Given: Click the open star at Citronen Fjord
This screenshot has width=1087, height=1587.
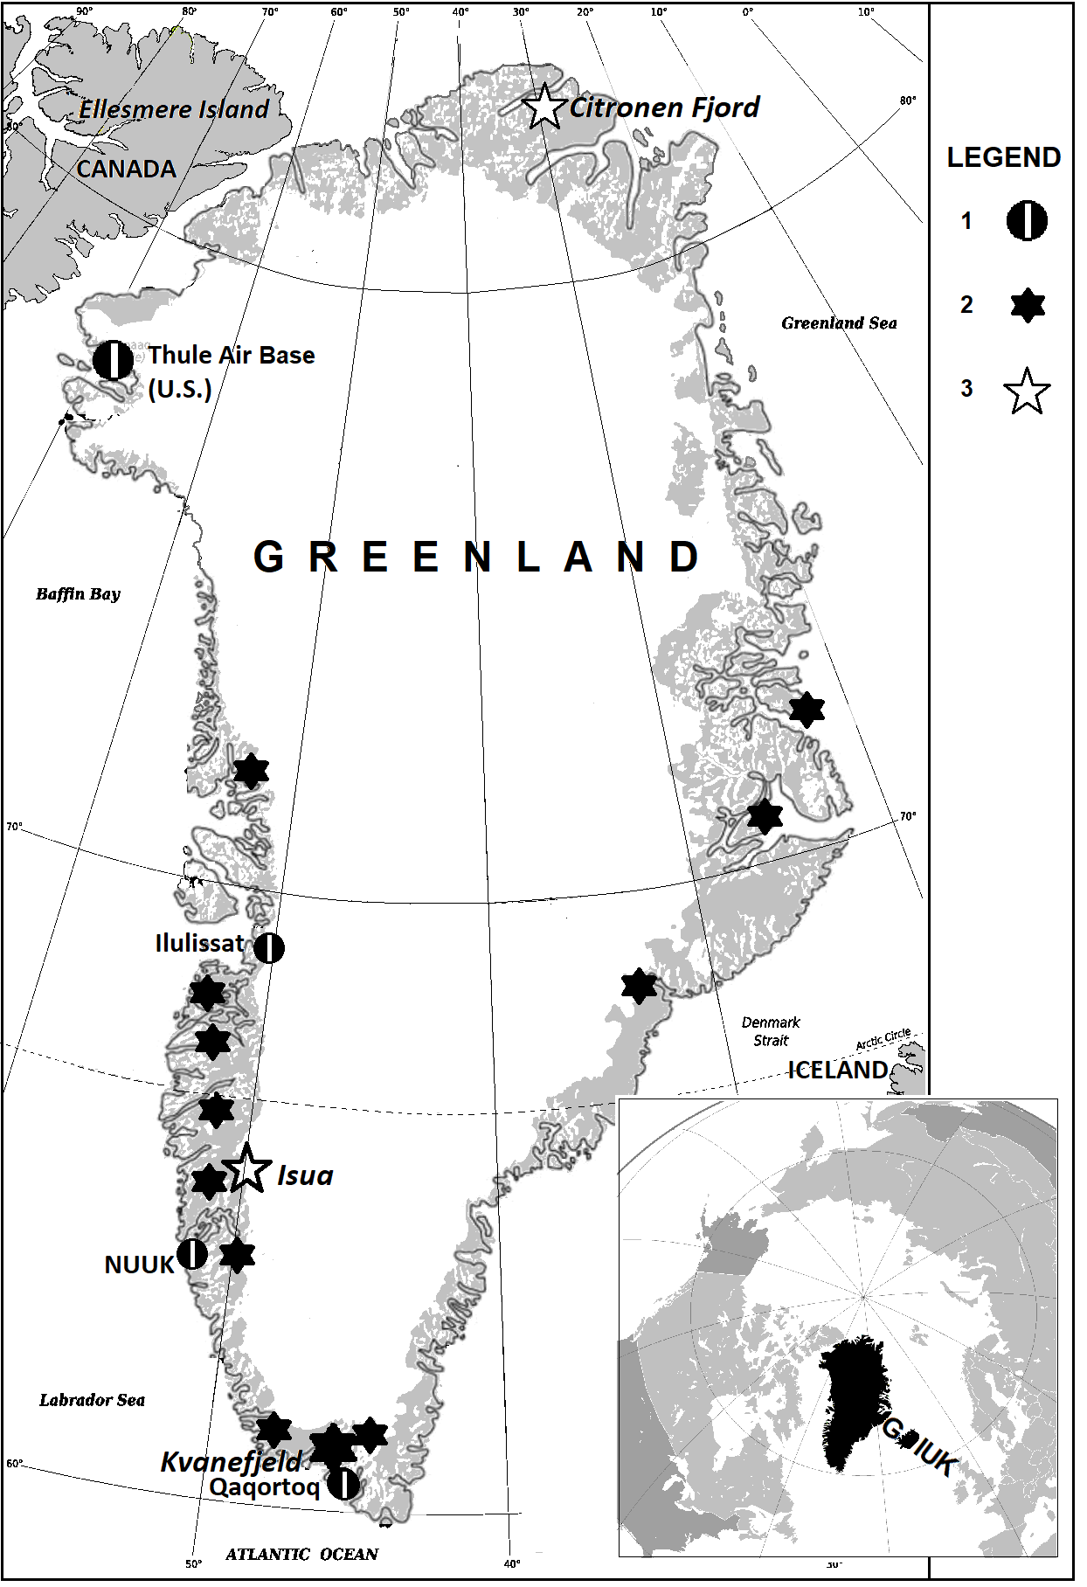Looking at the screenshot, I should coord(545,107).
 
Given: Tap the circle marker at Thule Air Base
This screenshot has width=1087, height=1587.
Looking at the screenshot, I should coord(113,360).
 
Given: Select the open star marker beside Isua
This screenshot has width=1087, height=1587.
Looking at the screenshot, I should coord(247,1168).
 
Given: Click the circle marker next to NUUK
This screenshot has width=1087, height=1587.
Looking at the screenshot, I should coord(192,1253).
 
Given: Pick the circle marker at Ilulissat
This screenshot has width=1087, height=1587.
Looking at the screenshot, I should coord(269,947).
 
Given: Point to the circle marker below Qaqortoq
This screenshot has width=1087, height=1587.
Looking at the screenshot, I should coord(344,1482).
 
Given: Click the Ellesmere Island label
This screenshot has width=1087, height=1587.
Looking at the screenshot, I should coord(174,109).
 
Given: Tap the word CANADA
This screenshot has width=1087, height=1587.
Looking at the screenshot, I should coord(126,169).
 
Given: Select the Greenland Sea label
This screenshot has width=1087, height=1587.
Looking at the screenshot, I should coord(839,323).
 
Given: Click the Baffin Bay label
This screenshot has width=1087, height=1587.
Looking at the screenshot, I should coord(78,594).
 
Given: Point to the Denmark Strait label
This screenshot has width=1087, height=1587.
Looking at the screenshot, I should coord(771,1031).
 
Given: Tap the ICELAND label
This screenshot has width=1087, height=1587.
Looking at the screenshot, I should coord(837,1071).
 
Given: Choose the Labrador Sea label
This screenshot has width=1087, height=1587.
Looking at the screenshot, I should coord(92,1400).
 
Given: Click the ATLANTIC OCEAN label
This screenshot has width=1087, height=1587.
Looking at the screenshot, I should coord(301,1554).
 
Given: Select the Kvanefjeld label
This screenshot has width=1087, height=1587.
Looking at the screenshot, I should coord(231,1461).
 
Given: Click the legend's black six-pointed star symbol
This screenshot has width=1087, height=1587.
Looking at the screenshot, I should coord(1027,305).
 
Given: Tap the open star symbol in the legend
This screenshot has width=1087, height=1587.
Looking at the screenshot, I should coord(1027,392).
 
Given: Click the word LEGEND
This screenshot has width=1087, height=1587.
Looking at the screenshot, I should coord(1003,157).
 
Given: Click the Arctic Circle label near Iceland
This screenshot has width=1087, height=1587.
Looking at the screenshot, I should coord(883,1039).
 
